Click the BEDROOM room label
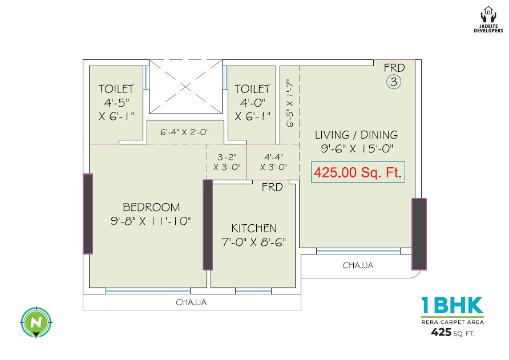(x=151, y=207)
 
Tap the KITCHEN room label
(x=254, y=228)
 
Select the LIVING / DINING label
(x=356, y=135)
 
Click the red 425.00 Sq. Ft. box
(x=358, y=171)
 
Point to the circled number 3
(x=394, y=82)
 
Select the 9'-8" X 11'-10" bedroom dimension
(x=151, y=221)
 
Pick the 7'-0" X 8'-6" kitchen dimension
(x=254, y=241)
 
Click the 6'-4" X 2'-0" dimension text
(x=184, y=132)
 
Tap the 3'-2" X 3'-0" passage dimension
(x=227, y=161)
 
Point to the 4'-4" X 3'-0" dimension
(x=273, y=161)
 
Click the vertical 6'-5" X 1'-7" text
(x=289, y=103)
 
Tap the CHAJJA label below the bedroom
(x=191, y=302)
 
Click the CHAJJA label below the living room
(x=358, y=265)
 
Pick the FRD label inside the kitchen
(x=272, y=187)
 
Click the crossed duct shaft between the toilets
(x=185, y=87)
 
